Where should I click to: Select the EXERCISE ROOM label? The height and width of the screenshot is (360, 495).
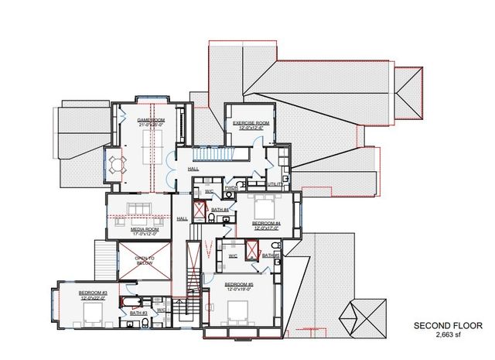(251, 123)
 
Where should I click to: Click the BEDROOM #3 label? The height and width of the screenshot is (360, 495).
(93, 293)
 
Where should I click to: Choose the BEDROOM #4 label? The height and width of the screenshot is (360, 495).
(265, 223)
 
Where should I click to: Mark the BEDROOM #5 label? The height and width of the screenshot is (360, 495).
(238, 284)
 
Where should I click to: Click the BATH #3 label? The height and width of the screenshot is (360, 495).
(139, 313)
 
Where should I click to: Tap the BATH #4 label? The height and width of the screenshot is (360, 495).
(220, 210)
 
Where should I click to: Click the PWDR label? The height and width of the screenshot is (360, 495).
(230, 187)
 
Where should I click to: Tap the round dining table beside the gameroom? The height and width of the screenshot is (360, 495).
(117, 163)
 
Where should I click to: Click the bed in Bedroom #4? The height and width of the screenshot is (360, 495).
(265, 207)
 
